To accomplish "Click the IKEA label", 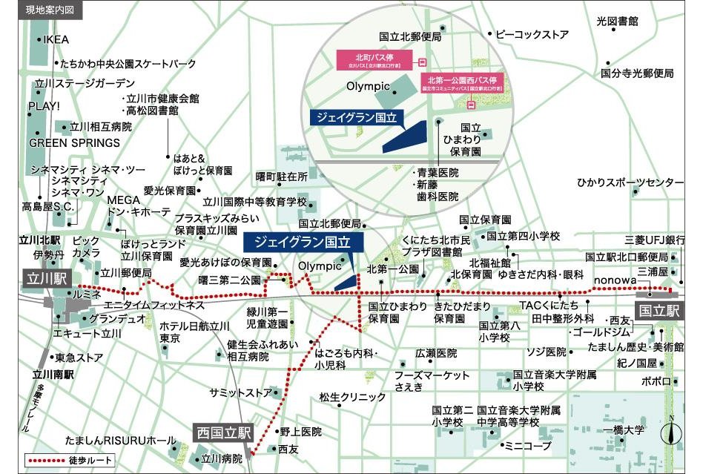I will [x=56, y=39].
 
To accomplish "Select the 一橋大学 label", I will [x=624, y=430].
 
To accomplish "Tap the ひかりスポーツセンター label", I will [x=630, y=182].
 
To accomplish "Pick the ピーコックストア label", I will [x=532, y=35].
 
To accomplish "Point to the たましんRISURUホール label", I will [x=120, y=441].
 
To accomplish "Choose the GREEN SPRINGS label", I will [x=74, y=142].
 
